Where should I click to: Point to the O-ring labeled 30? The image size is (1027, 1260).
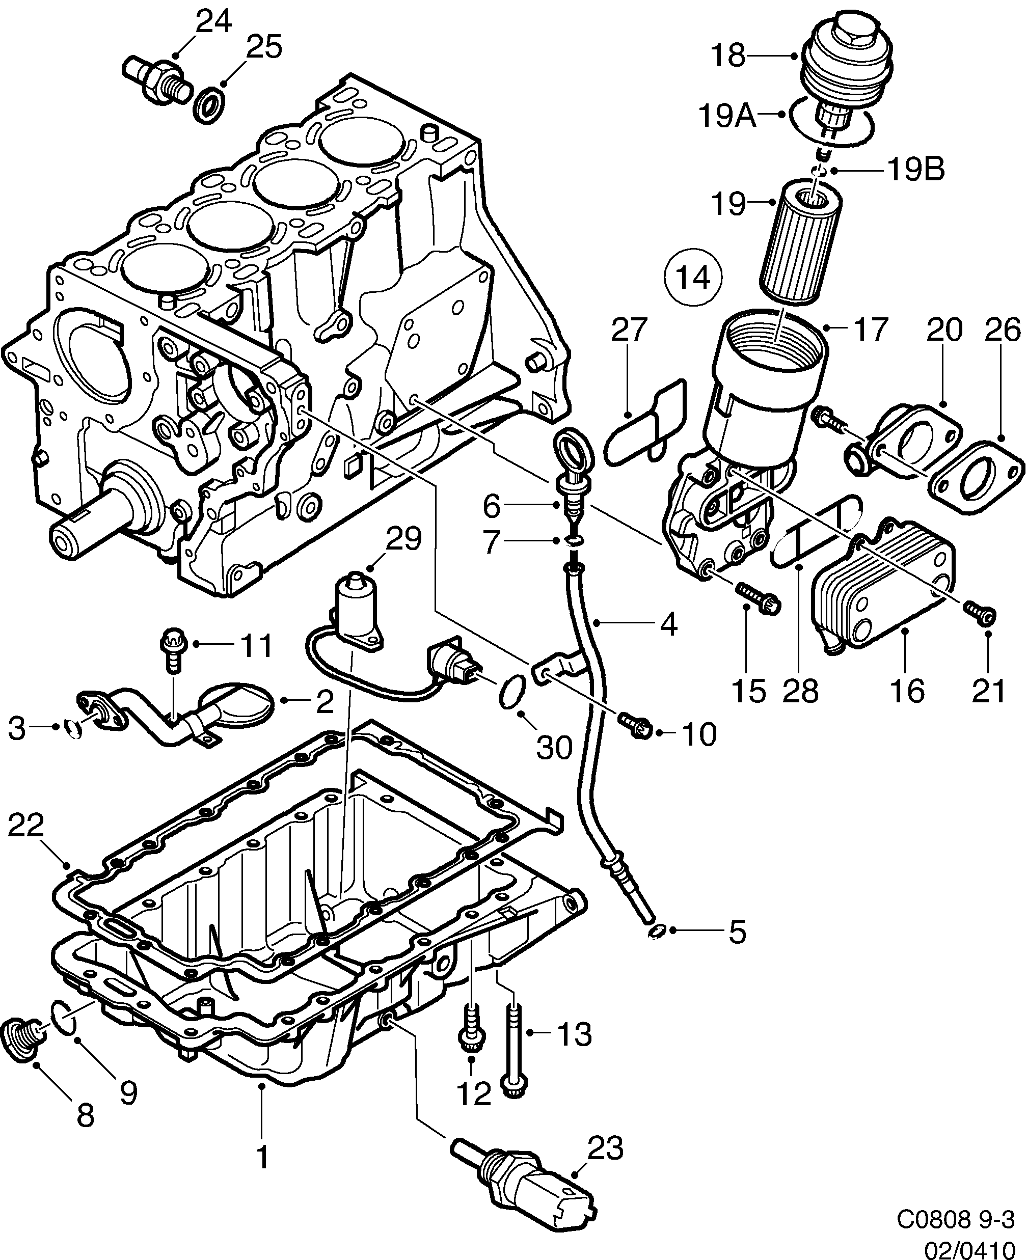[512, 691]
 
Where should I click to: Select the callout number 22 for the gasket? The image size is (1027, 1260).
[25, 826]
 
